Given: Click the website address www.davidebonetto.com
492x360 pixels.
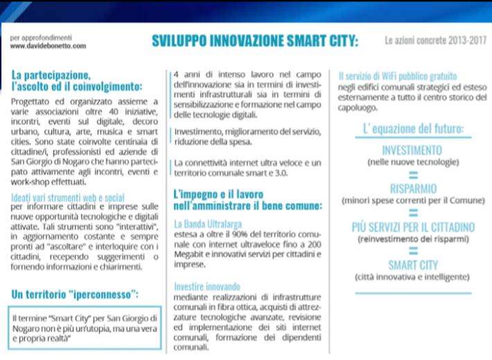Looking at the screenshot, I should click(x=49, y=46).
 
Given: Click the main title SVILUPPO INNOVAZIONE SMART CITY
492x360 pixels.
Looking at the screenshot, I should click(x=255, y=42).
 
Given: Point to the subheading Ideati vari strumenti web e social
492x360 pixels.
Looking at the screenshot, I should click(x=68, y=197).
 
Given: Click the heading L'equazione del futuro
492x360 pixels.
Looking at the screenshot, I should click(x=413, y=129).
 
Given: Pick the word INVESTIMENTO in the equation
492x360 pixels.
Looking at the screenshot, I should click(x=412, y=150).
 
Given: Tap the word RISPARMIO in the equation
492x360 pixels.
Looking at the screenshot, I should click(x=412, y=188).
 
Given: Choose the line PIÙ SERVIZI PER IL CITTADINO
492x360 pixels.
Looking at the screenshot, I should click(x=412, y=227).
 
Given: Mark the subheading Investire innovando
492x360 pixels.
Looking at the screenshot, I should click(x=207, y=286).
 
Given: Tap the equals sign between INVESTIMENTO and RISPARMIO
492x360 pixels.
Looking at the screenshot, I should click(x=412, y=175).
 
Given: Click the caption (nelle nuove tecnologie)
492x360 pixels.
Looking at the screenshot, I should click(x=412, y=163).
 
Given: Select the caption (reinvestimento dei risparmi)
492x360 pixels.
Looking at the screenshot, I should click(x=412, y=239).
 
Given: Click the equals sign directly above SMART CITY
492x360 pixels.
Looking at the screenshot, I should click(x=412, y=252).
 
